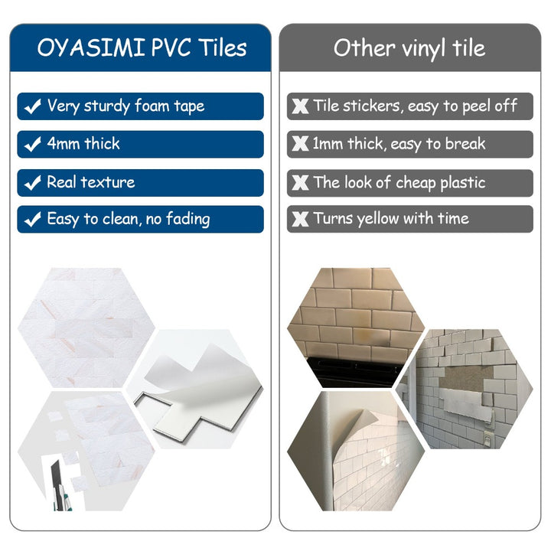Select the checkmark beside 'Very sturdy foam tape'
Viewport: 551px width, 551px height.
coord(33,106)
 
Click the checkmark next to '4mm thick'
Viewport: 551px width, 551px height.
coord(33,144)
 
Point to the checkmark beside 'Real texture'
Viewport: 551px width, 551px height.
coord(33,183)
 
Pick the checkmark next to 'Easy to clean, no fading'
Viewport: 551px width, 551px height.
coord(33,220)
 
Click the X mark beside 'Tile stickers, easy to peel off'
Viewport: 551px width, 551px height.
coord(301,106)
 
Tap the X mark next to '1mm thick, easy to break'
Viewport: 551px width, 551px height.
coord(301,144)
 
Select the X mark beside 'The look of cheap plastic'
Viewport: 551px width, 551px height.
coord(301,183)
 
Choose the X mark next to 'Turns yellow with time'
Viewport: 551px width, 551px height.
coord(301,220)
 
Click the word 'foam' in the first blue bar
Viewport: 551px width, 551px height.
coord(152,106)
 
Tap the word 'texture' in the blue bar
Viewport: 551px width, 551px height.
coord(108,182)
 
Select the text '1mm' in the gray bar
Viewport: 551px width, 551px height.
coord(328,143)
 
